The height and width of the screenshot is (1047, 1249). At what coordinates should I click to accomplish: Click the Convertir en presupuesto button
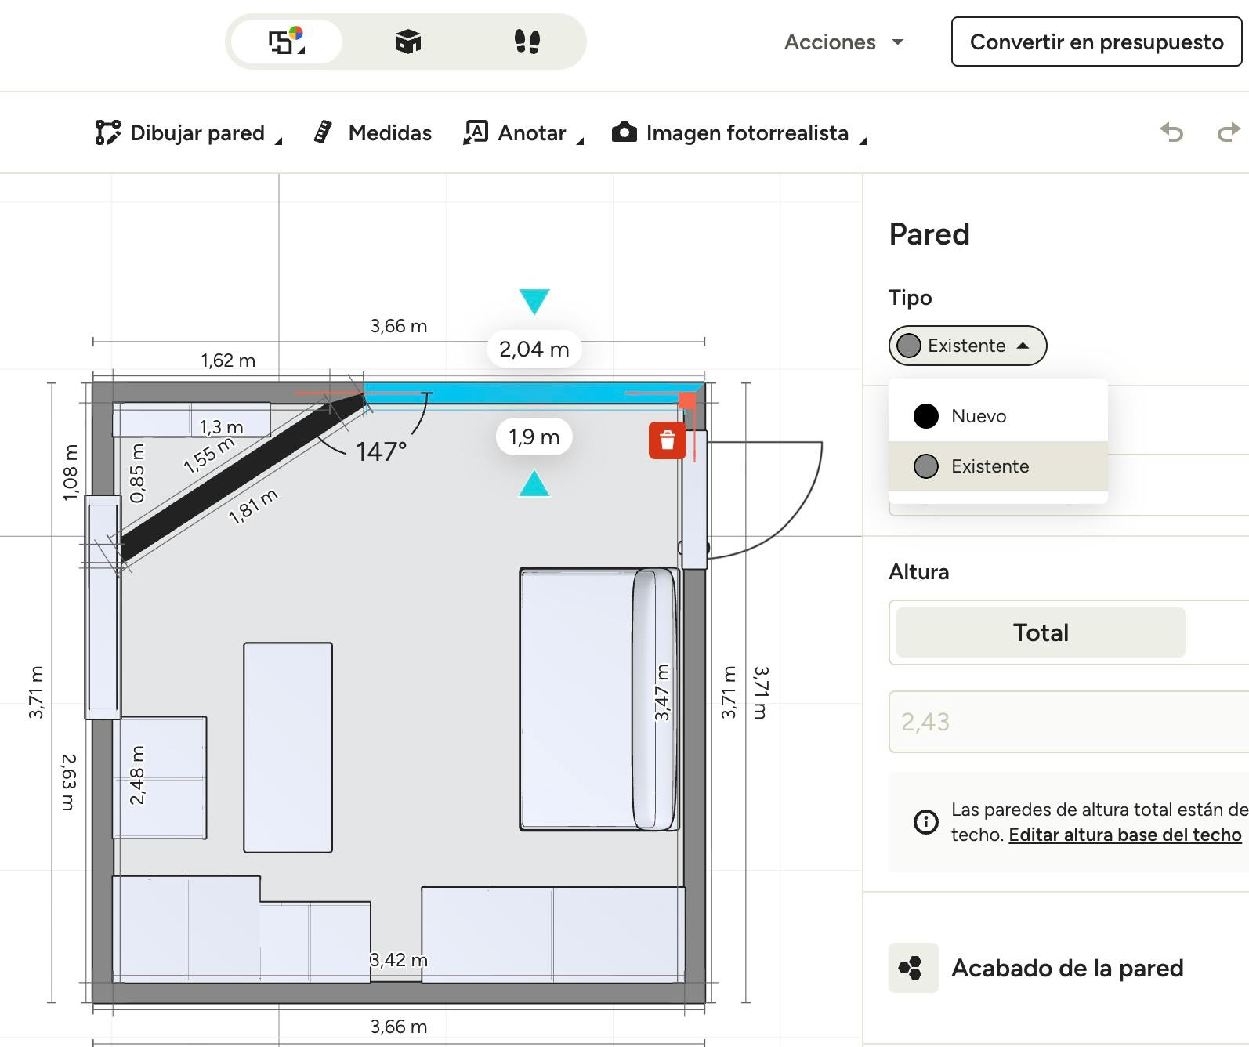[1096, 42]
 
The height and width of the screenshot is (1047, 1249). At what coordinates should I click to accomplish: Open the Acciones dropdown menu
[843, 42]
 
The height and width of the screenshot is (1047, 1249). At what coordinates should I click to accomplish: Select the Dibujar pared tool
[188, 132]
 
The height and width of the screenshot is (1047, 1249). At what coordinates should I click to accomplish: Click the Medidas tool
[373, 132]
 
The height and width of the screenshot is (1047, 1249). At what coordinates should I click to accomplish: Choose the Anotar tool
[523, 132]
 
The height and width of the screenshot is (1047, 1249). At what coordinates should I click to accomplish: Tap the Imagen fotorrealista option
[739, 132]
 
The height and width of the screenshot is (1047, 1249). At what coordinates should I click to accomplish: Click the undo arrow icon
[1171, 132]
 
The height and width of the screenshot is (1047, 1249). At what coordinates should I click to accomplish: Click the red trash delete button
[668, 440]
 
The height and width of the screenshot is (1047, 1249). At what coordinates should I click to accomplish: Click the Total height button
[1041, 632]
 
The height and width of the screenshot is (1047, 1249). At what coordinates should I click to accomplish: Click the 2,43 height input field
[1069, 722]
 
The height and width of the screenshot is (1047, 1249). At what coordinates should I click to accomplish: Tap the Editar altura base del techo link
[1124, 835]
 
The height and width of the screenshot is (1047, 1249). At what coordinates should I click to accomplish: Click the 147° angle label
[381, 451]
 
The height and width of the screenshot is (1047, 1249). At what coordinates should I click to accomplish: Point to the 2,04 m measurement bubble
[534, 349]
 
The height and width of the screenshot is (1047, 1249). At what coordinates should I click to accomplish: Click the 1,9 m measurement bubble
[534, 437]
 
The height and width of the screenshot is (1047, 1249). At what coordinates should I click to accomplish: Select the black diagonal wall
[242, 476]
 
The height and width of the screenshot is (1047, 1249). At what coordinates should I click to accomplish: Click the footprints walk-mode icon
[527, 42]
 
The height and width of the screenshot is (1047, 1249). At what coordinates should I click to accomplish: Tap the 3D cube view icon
[408, 42]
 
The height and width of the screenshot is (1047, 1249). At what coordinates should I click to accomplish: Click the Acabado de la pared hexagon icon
[913, 967]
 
